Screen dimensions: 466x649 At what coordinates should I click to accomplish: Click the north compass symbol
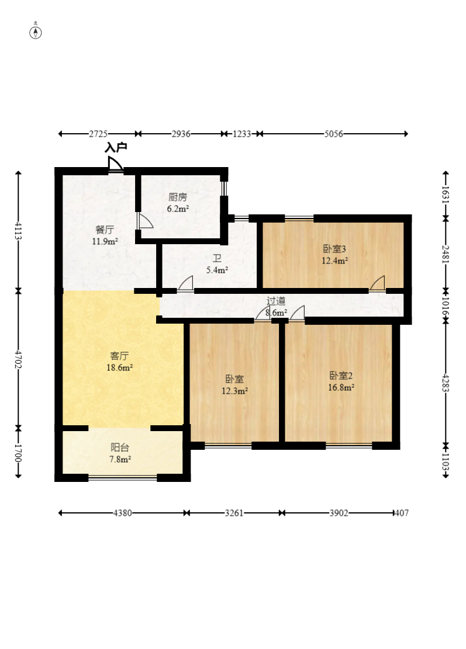(x=36, y=32)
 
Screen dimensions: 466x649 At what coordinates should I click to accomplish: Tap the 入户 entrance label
(x=116, y=147)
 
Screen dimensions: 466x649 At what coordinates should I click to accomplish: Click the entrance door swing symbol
(x=115, y=164)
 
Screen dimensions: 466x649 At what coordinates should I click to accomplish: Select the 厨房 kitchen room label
(x=178, y=197)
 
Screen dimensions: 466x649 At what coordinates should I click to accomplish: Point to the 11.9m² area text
(x=105, y=241)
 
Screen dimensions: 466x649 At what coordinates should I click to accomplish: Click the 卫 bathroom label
(x=217, y=259)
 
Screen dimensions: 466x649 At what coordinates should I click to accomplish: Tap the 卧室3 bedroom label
(x=334, y=249)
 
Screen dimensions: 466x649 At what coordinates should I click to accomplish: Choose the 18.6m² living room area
(x=120, y=367)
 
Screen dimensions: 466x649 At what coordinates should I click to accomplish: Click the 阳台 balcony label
(x=120, y=447)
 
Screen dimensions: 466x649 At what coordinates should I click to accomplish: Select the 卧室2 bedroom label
(x=341, y=376)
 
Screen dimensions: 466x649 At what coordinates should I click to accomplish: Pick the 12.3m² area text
(x=235, y=390)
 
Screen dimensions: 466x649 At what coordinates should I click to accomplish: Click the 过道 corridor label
(x=276, y=301)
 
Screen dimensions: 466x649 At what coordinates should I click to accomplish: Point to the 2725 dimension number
(x=98, y=134)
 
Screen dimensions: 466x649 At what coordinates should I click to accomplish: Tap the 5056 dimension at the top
(x=333, y=134)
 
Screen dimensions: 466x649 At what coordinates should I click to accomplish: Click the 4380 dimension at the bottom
(x=123, y=513)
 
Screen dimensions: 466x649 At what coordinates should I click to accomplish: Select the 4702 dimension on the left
(x=18, y=359)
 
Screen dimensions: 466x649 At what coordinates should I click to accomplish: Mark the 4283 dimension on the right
(x=446, y=383)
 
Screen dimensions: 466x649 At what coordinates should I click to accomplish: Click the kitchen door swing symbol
(x=145, y=221)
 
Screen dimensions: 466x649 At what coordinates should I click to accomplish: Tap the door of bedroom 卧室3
(x=377, y=283)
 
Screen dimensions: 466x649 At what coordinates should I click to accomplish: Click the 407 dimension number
(x=402, y=513)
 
